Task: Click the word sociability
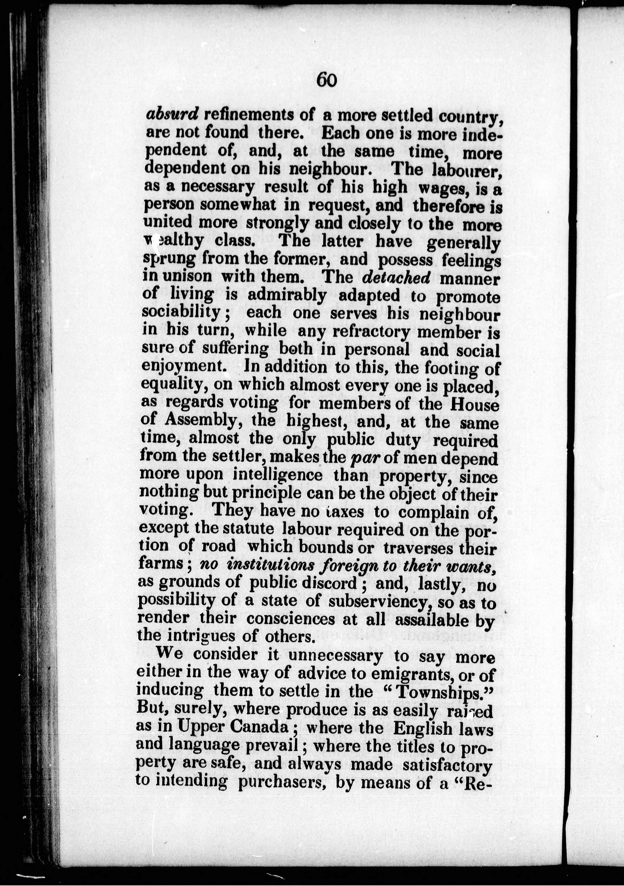(181, 312)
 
